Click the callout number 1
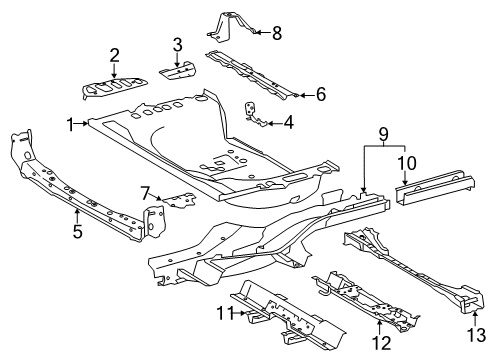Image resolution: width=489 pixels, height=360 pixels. (x=71, y=124)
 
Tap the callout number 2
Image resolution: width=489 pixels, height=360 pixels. (x=114, y=55)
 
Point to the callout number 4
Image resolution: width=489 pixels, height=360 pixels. (x=288, y=124)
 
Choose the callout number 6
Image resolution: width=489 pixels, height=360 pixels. (x=321, y=95)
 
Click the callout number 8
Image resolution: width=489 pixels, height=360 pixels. (x=277, y=33)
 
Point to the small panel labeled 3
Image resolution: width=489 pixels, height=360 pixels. (x=177, y=70)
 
